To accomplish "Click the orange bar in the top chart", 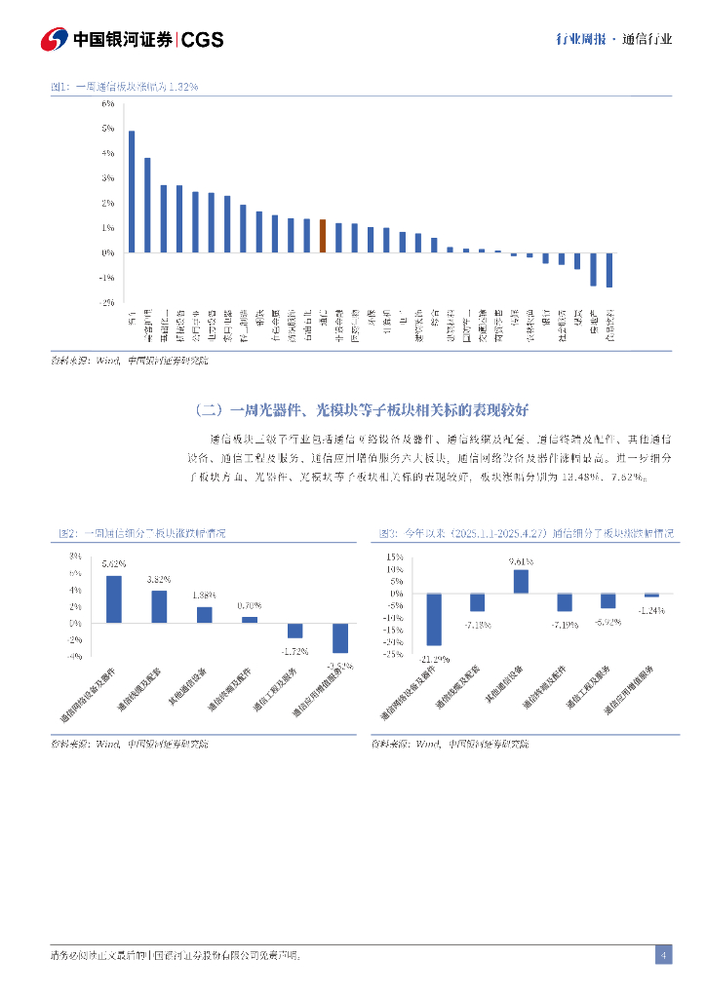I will [323, 236].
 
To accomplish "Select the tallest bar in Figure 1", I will [132, 192].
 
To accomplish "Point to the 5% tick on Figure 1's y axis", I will [108, 128].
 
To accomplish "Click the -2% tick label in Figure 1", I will [107, 303].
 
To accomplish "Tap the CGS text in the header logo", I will [203, 39].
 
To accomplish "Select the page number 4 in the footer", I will [663, 954].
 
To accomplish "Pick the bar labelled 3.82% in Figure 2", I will [159, 606].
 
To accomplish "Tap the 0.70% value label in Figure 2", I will [250, 606].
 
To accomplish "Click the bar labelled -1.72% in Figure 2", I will [294, 631].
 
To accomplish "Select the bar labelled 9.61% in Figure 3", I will [521, 582].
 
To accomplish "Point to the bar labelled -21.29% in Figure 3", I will [434, 619].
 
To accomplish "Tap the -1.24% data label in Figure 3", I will [651, 610].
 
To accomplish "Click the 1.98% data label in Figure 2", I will [205, 595].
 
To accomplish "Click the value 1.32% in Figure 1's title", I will [183, 87].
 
